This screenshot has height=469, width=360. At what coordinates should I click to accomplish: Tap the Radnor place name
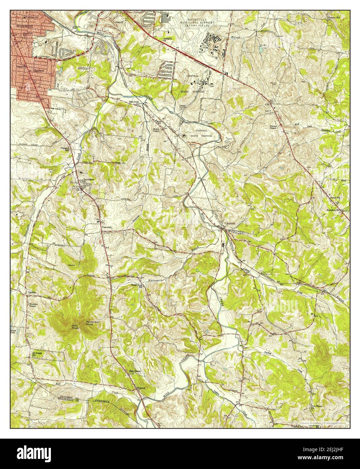pyautogui.click(x=39, y=70)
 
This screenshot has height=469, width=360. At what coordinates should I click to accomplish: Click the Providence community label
pyautogui.click(x=87, y=179)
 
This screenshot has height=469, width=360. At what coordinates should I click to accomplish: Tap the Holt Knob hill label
pyautogui.click(x=75, y=327)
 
